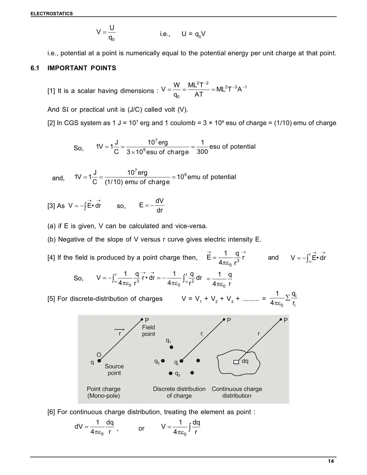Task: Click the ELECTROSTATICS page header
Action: [52, 14]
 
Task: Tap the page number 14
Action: [331, 461]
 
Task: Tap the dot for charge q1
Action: [171, 347]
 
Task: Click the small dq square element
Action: [236, 362]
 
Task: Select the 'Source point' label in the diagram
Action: [114, 370]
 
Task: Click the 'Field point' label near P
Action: [149, 330]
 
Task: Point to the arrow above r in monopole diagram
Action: [119, 329]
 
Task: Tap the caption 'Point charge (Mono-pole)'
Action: [104, 392]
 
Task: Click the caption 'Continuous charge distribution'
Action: [237, 392]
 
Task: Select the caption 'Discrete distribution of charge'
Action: [179, 392]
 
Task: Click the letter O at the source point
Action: [99, 355]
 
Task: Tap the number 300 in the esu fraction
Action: [202, 152]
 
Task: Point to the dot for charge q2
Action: [163, 360]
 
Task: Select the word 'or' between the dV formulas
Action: [141, 428]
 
